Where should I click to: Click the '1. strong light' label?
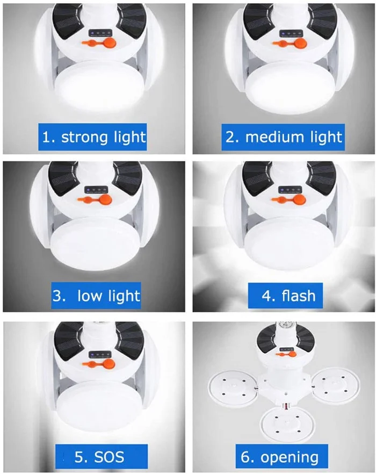92,137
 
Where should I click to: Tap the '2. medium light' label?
283,137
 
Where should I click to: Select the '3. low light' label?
96,296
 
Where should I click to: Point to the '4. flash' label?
285,296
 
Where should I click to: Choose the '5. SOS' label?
102,456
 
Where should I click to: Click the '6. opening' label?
281,456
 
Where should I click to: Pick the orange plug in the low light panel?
95,199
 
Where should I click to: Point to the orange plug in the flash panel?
289,199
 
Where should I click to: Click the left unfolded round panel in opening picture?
233,390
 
